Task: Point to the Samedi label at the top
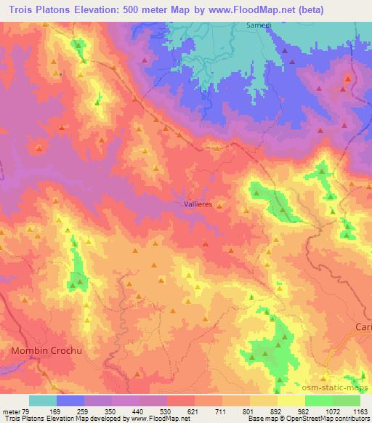pos(251,26)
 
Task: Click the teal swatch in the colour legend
pos(43,400)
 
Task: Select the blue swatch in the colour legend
pos(70,400)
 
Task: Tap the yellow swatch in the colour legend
pos(291,400)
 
